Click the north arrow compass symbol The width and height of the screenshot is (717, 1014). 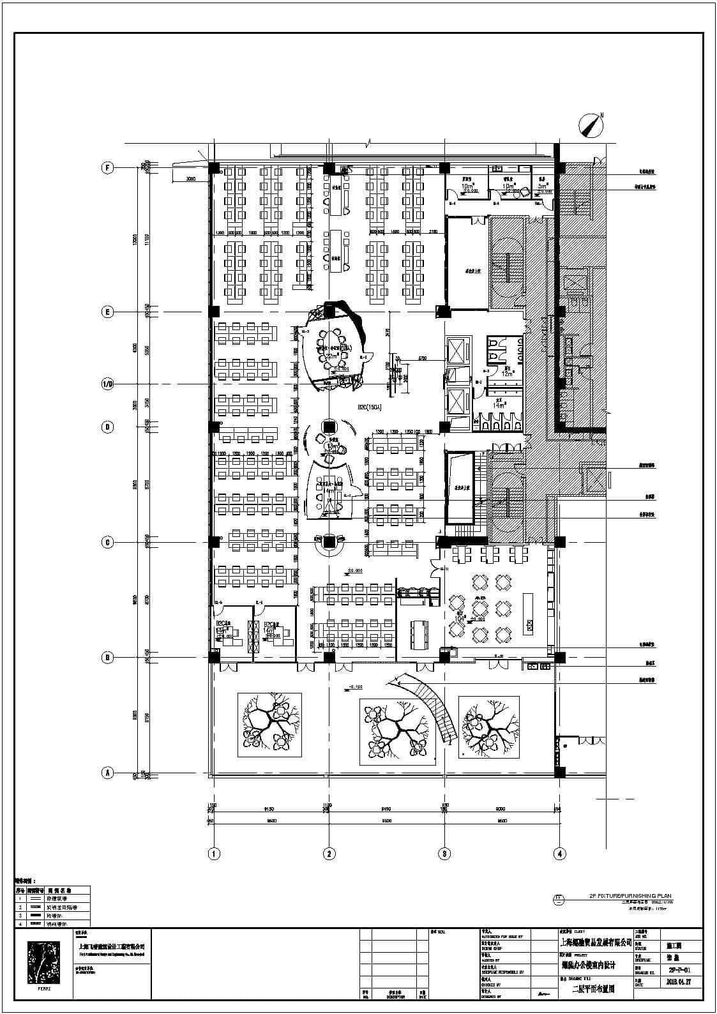pos(592,125)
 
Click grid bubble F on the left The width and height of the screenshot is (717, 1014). pos(108,168)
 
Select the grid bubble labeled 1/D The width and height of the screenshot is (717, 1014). pos(108,384)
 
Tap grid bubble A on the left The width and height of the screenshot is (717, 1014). pos(108,773)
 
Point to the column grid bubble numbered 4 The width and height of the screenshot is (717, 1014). pos(560,853)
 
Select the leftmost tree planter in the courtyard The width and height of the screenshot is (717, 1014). pos(271,725)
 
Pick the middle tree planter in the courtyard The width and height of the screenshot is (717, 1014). pos(397,730)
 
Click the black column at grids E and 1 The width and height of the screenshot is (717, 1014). pos(214,312)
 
